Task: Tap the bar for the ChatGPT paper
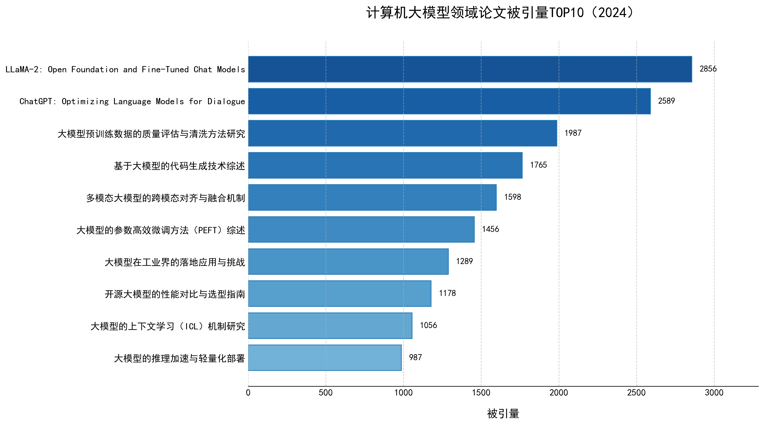click(449, 101)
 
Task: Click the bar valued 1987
click(402, 133)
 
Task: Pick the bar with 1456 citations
click(361, 229)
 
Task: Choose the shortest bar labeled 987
click(325, 358)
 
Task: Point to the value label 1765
click(538, 165)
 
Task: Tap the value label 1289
click(464, 261)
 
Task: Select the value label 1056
click(428, 325)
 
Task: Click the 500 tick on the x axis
click(326, 393)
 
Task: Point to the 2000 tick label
click(559, 393)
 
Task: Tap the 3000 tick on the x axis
click(714, 393)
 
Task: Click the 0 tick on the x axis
click(248, 393)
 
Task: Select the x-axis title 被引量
click(503, 414)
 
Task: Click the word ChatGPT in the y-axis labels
click(36, 101)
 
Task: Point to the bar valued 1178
click(340, 293)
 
